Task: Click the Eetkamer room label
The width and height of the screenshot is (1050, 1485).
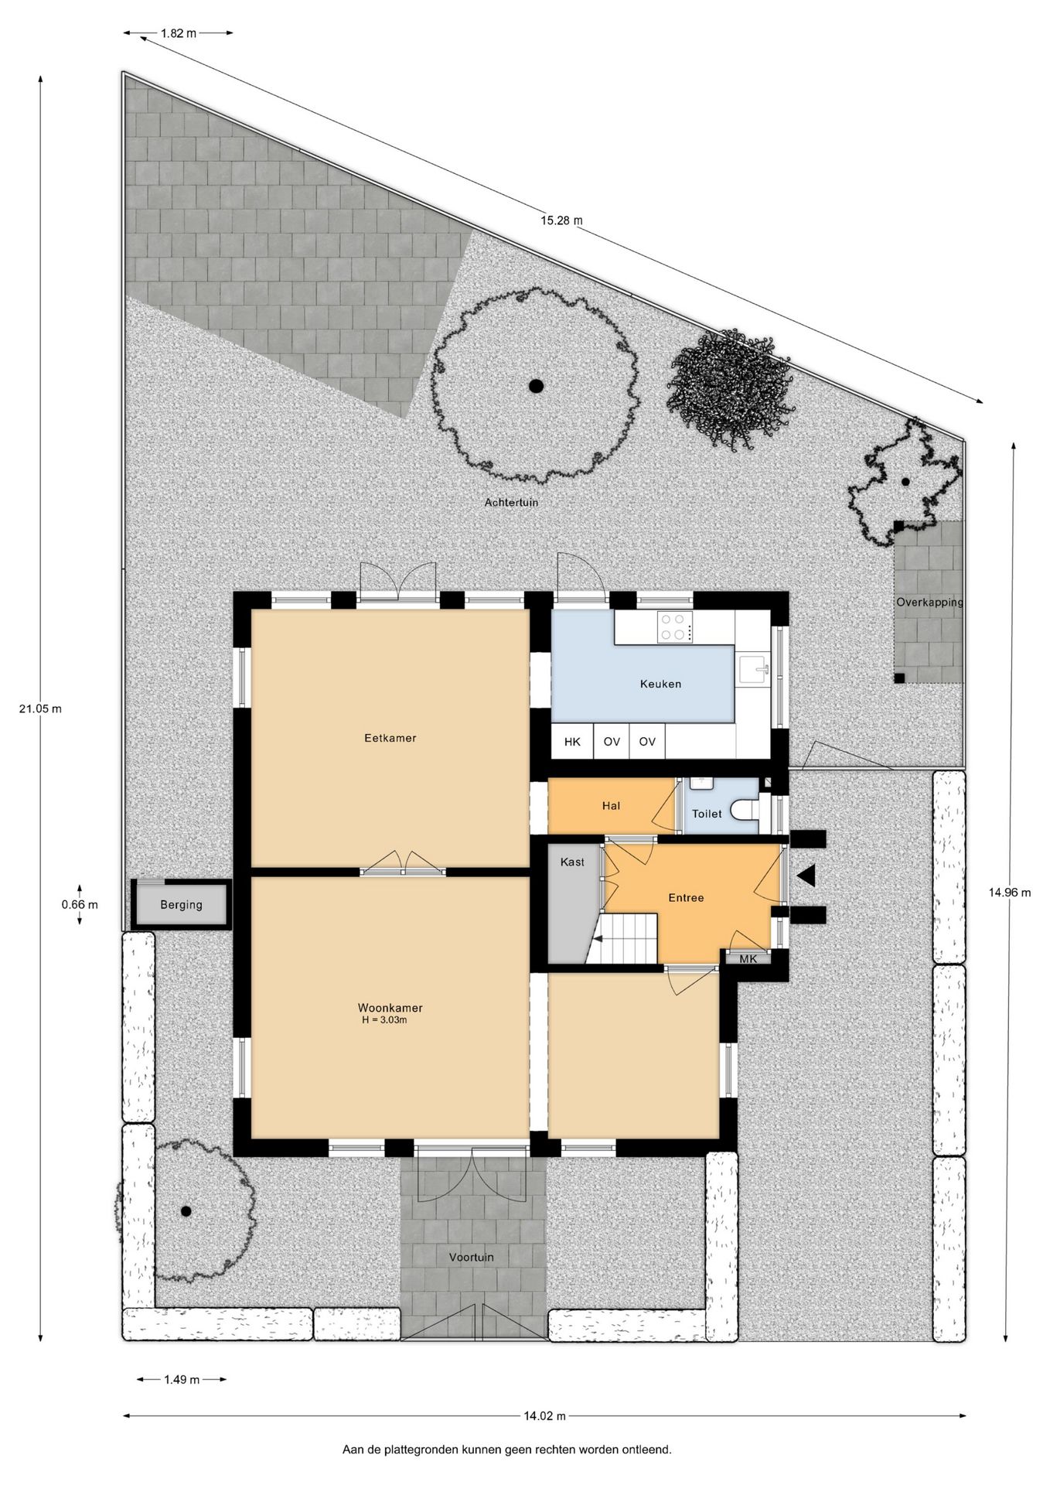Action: coord(390,738)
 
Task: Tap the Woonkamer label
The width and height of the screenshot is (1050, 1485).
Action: coord(390,1008)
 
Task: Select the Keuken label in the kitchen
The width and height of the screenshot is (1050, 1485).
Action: coord(661,684)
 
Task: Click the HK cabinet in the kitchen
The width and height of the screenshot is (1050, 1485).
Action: coord(572,742)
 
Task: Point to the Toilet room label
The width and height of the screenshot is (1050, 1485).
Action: coord(707,814)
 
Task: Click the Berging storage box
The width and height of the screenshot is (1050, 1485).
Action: coord(182,904)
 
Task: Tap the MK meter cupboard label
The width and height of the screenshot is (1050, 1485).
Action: coord(748,959)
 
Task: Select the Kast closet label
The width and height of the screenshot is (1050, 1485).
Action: coord(573,862)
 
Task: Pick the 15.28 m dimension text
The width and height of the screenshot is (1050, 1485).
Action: coord(561,220)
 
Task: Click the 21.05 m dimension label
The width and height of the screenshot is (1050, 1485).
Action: coord(40,708)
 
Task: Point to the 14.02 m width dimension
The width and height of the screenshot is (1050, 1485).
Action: coord(544,1416)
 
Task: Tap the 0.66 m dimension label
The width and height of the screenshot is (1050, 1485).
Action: coord(80,904)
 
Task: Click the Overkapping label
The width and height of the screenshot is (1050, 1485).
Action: coord(929,602)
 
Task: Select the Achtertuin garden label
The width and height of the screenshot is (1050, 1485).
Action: coord(512,502)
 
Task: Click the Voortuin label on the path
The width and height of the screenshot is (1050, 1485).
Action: coord(472,1257)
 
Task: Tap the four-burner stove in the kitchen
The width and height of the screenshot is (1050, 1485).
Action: coord(673,627)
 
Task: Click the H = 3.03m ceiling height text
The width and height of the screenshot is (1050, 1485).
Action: coord(384,1020)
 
